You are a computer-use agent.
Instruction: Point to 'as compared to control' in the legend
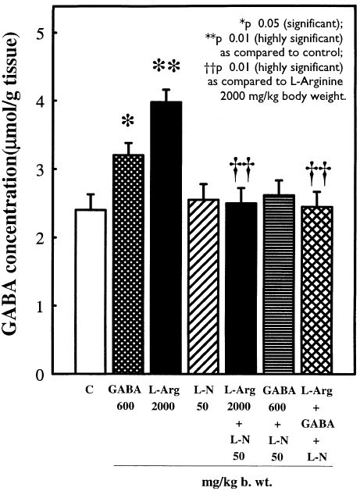tap(284, 51)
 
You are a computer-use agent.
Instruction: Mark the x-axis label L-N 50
tap(201, 393)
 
